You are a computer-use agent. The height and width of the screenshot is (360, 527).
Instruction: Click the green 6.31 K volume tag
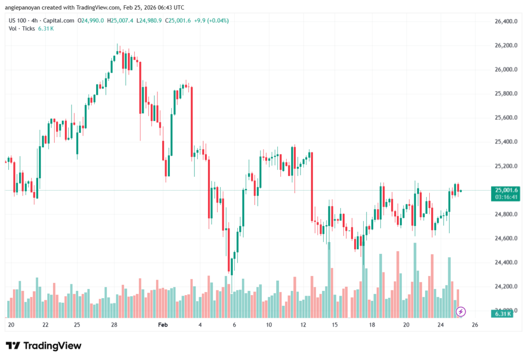click(x=502, y=314)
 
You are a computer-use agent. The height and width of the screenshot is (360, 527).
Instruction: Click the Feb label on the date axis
click(x=163, y=325)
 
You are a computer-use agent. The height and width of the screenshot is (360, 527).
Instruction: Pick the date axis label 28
click(x=114, y=325)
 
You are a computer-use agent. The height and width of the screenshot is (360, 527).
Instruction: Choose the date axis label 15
click(x=335, y=325)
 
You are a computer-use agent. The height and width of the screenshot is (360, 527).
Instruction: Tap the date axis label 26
click(x=475, y=325)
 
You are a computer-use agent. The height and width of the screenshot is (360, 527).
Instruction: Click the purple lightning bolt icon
click(x=461, y=311)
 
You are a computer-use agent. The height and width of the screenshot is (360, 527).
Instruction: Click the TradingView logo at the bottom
click(x=43, y=346)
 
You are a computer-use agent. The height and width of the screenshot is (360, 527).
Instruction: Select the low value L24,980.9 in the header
click(x=150, y=21)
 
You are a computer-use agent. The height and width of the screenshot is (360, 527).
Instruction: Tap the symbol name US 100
click(x=19, y=21)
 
